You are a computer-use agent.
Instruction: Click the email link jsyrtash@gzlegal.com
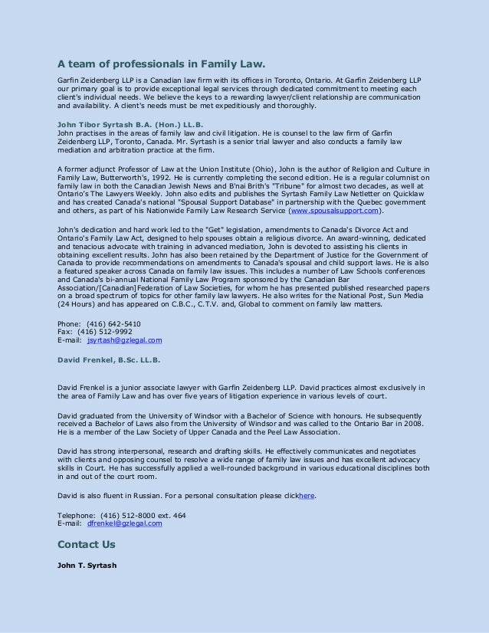(x=124, y=339)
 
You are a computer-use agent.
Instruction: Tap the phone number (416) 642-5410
(x=114, y=323)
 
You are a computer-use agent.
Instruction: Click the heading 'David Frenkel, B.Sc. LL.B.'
(x=109, y=359)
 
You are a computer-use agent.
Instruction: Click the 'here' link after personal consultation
(x=307, y=496)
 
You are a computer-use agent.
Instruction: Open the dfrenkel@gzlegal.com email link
(x=125, y=523)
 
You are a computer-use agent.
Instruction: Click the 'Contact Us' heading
(x=87, y=545)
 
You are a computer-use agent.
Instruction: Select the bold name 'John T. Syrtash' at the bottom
(x=87, y=566)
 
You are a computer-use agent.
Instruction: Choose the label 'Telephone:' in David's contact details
(x=74, y=516)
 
